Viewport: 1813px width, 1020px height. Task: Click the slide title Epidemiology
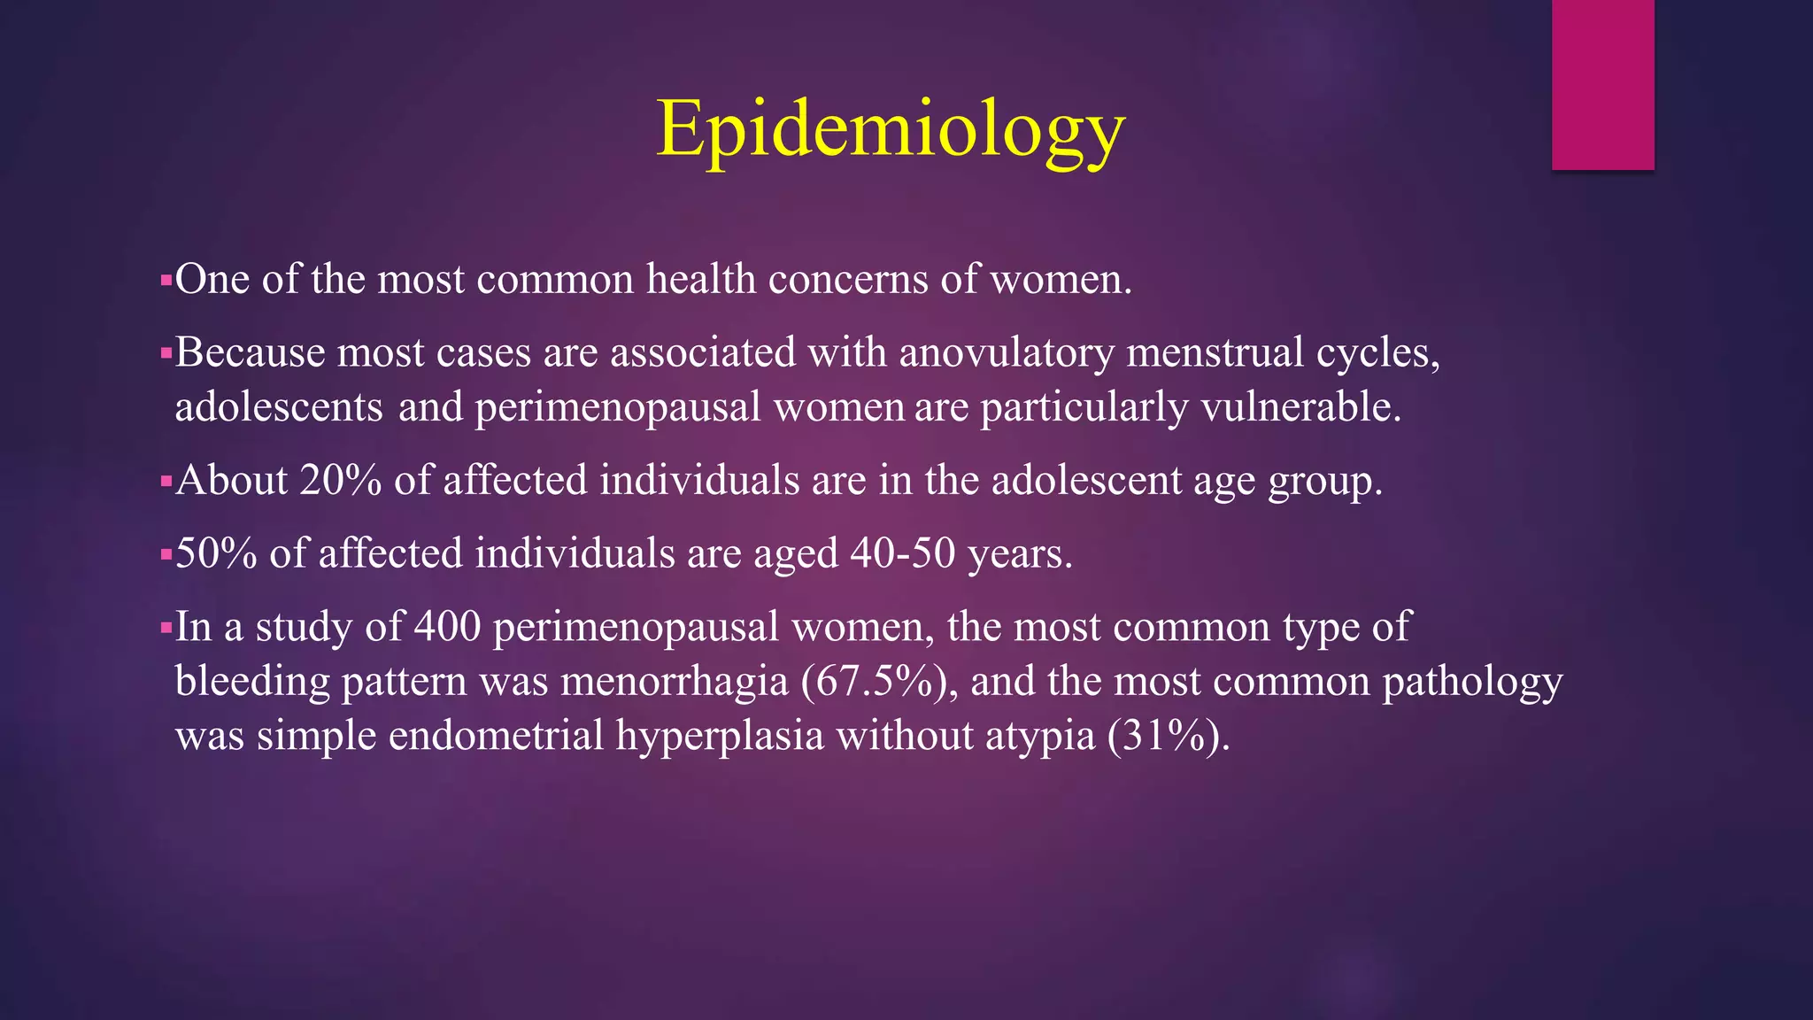click(x=890, y=131)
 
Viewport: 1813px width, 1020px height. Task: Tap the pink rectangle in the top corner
click(x=1602, y=84)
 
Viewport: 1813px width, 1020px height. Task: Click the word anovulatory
click(x=1007, y=353)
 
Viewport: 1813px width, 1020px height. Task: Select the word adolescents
click(x=279, y=408)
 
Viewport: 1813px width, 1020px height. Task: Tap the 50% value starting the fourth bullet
click(x=216, y=554)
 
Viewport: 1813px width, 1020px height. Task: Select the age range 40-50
click(x=902, y=554)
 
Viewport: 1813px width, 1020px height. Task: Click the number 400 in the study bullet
click(x=448, y=627)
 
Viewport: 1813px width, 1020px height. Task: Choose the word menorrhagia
click(x=674, y=682)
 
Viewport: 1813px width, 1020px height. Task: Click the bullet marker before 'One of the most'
click(x=166, y=281)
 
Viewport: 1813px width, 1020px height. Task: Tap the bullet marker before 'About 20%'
click(x=166, y=482)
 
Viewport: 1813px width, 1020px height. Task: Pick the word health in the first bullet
click(x=701, y=280)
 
